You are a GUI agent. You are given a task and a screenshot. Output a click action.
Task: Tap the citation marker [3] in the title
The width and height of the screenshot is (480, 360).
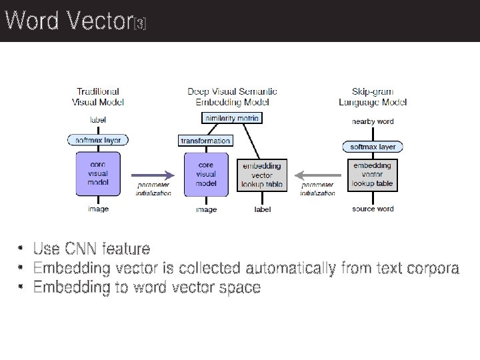tap(140, 25)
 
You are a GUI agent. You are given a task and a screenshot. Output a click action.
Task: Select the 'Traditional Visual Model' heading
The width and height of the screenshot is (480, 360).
tap(98, 97)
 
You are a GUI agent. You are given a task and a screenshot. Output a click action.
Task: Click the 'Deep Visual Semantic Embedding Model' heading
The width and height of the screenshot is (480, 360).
tap(232, 97)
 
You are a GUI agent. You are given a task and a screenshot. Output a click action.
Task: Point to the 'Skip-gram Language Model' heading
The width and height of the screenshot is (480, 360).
tap(373, 97)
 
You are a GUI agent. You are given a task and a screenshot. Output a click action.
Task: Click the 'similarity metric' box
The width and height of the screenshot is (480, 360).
tap(232, 118)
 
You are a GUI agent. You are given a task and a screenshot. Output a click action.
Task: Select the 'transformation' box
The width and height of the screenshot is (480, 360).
tap(205, 141)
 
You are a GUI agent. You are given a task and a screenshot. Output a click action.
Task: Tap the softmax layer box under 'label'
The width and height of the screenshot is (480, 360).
tap(98, 141)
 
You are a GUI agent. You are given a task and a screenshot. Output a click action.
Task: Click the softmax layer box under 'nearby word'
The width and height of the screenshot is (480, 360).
tap(373, 147)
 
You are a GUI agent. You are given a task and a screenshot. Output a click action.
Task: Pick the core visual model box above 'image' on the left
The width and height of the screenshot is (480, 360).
tap(98, 173)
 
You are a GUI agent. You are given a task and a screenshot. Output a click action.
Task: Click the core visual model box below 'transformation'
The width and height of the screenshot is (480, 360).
tap(206, 173)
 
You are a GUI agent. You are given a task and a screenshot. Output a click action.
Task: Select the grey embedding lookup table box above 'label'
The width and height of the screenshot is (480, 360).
tap(262, 175)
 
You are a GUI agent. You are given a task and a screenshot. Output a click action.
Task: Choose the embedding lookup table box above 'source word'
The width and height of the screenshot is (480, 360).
tap(373, 175)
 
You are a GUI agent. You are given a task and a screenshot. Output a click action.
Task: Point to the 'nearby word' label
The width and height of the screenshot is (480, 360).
tap(373, 121)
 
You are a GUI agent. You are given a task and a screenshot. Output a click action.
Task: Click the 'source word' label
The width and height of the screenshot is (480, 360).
tap(373, 209)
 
